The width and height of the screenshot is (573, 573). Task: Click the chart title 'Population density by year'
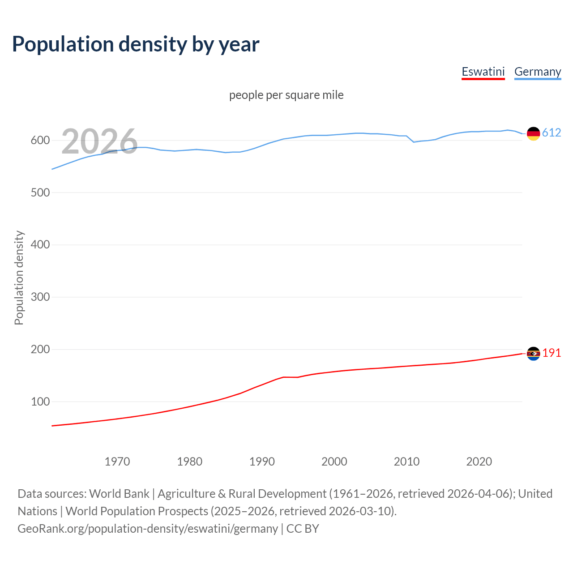(136, 44)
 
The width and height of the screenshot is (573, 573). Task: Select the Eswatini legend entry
(483, 72)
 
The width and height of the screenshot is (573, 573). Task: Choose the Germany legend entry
(537, 72)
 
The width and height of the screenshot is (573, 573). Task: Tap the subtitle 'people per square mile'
(286, 95)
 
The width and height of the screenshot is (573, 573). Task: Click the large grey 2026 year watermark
(99, 141)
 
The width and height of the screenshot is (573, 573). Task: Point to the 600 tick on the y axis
(40, 141)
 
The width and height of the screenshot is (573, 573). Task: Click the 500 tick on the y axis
(40, 193)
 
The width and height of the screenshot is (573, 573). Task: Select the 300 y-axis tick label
(40, 297)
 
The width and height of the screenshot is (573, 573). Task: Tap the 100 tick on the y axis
(40, 402)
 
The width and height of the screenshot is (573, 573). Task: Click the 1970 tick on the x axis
(117, 462)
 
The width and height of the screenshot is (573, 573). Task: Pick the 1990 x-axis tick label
(262, 462)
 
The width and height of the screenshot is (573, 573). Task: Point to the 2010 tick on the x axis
(406, 462)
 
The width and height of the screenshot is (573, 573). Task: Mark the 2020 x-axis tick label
(479, 462)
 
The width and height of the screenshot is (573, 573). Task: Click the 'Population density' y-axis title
(19, 278)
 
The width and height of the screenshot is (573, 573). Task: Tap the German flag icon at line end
(533, 133)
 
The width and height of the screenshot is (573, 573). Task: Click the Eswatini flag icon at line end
(533, 354)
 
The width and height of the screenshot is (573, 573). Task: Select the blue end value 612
(552, 133)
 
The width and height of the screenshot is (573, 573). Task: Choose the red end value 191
(552, 353)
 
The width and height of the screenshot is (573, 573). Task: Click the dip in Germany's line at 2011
(414, 142)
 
